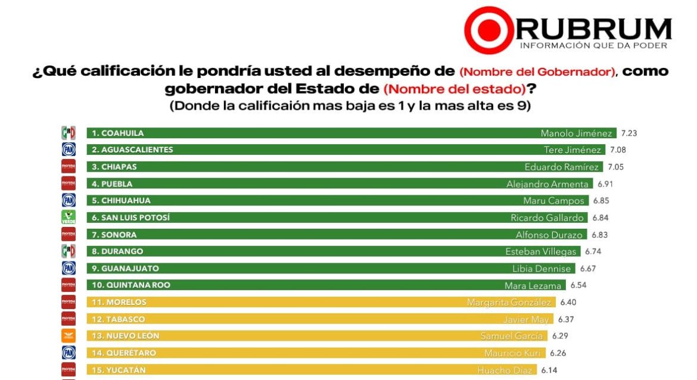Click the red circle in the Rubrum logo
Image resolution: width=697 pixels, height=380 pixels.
(x=488, y=30)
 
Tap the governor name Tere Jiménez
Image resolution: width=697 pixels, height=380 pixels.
(x=574, y=150)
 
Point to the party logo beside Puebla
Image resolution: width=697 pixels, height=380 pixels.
(x=69, y=183)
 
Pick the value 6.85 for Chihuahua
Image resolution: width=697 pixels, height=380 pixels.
(x=600, y=201)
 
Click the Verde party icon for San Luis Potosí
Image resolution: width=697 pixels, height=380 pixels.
(x=69, y=217)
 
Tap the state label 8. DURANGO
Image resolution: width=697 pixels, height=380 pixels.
(x=117, y=251)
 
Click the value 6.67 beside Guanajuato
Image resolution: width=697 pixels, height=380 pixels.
(x=587, y=269)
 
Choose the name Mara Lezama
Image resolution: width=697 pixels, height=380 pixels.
(x=533, y=285)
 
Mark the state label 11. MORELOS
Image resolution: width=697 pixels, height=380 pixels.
(x=119, y=303)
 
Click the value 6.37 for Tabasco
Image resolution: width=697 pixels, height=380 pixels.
(x=566, y=319)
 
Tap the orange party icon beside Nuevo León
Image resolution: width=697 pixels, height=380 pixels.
(x=69, y=336)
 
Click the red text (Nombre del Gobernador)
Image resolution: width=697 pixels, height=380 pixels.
(x=538, y=72)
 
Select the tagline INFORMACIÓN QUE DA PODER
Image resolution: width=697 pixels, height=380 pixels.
(x=593, y=46)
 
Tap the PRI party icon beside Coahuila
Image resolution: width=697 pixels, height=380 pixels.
(x=69, y=133)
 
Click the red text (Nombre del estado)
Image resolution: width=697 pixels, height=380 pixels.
(x=454, y=89)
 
